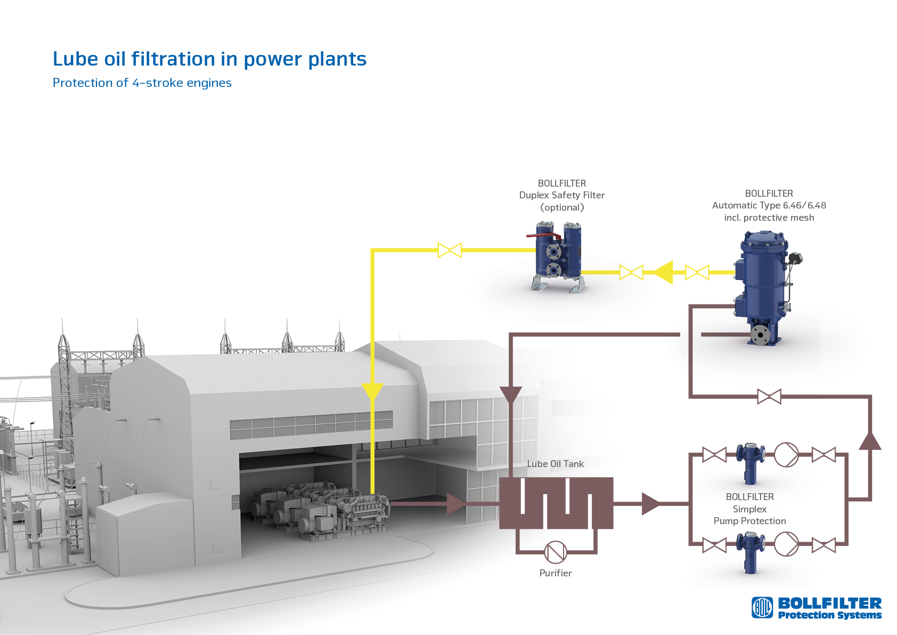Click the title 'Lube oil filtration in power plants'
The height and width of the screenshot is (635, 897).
[209, 59]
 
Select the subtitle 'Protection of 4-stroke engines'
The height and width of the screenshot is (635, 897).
[142, 83]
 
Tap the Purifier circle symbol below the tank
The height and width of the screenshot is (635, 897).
[556, 552]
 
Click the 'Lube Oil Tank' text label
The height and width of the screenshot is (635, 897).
[555, 464]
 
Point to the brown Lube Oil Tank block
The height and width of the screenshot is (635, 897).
[556, 503]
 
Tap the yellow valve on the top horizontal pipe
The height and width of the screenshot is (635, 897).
[450, 250]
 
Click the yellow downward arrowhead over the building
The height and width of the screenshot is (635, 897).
[372, 392]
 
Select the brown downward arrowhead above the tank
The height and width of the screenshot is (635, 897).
[511, 395]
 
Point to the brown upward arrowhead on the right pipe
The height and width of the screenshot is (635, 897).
[870, 441]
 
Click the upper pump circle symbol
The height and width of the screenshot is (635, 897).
[786, 455]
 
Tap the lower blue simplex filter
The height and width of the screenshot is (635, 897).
[751, 551]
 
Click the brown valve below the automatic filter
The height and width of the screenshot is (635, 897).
[769, 396]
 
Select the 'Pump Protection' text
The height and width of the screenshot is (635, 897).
[749, 521]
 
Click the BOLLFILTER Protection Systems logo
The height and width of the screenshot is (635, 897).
[817, 608]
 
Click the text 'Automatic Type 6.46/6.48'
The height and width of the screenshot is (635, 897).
[769, 205]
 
